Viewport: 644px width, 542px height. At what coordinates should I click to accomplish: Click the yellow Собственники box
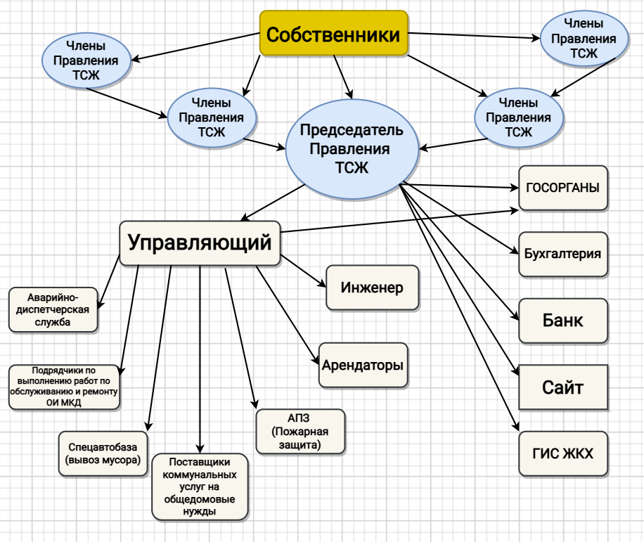coord(334,34)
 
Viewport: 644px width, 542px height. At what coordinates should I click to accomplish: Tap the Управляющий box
coord(200,243)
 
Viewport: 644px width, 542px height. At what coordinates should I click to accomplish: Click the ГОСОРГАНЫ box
coord(563,188)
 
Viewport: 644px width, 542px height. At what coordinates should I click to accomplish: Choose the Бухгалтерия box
coord(562,253)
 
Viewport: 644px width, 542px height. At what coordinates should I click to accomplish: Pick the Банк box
coord(562,321)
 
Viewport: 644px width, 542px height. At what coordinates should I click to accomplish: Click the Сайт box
coord(562,387)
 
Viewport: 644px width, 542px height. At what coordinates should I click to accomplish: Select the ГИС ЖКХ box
coord(562,453)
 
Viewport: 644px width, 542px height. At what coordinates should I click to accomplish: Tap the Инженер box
coord(372,288)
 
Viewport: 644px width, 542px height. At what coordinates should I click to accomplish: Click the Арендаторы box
coord(363,366)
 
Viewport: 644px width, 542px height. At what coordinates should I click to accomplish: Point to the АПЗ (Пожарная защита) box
coord(300,431)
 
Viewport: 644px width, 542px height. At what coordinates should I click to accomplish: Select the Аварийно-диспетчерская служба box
coord(53,310)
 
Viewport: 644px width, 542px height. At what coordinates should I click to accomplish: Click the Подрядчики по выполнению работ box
coord(64,387)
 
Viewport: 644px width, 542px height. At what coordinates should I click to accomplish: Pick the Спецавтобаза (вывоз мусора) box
coord(103,453)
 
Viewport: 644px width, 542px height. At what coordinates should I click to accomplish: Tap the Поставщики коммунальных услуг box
coord(200,486)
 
